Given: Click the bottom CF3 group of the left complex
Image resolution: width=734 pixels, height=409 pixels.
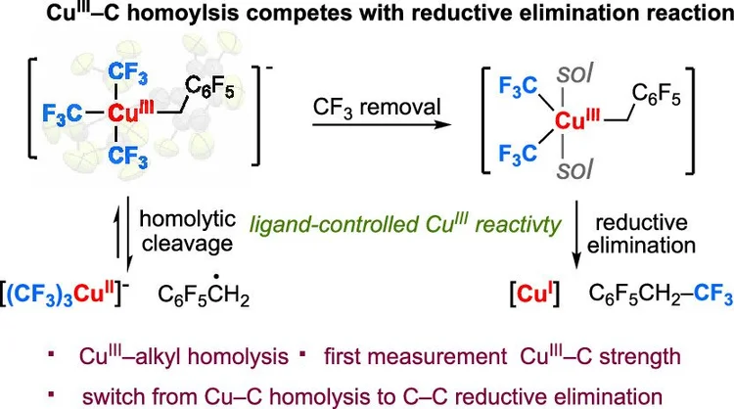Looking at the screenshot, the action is pyautogui.click(x=128, y=155).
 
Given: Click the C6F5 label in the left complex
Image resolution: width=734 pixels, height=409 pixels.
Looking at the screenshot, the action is pyautogui.click(x=209, y=87).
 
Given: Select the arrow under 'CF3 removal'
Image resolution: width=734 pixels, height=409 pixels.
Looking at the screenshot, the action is pyautogui.click(x=382, y=125).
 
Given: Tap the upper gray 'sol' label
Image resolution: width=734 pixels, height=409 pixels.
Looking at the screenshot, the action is pyautogui.click(x=574, y=74).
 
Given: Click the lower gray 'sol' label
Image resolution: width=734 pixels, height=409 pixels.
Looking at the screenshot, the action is pyautogui.click(x=574, y=169).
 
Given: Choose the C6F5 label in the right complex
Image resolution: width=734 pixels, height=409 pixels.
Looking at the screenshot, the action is pyautogui.click(x=656, y=95).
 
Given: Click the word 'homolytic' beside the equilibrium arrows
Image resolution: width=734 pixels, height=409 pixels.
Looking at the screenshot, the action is pyautogui.click(x=187, y=219).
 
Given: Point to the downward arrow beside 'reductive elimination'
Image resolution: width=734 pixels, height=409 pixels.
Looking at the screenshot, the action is pyautogui.click(x=576, y=235).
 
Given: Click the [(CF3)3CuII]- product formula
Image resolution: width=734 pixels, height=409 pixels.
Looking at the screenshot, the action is pyautogui.click(x=65, y=295).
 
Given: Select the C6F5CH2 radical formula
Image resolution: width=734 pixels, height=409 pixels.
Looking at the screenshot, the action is pyautogui.click(x=204, y=293).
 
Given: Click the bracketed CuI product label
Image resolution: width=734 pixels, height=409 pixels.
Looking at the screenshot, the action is pyautogui.click(x=534, y=294).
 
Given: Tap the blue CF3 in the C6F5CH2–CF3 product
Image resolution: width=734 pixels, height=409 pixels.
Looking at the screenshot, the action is pyautogui.click(x=712, y=294).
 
